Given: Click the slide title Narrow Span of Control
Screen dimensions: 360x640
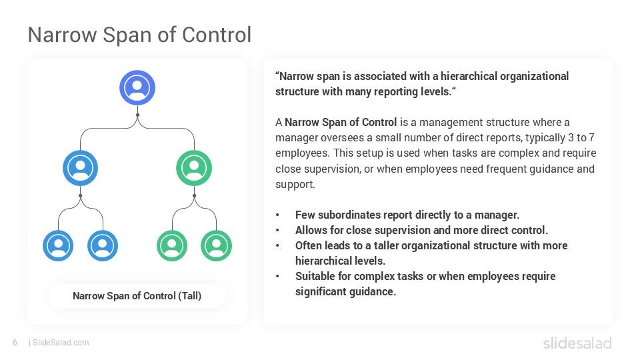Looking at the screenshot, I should pyautogui.click(x=139, y=35).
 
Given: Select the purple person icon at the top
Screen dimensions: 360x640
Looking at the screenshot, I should pyautogui.click(x=137, y=87).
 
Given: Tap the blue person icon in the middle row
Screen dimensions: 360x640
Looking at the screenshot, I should pyautogui.click(x=81, y=167).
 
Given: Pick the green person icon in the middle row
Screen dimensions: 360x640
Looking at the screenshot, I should pyautogui.click(x=194, y=167).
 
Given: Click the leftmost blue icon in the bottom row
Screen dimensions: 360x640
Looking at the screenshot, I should pyautogui.click(x=59, y=245).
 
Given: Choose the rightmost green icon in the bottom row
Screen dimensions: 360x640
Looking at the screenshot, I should pyautogui.click(x=216, y=245).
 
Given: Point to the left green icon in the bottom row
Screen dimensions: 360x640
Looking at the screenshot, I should pyautogui.click(x=173, y=245).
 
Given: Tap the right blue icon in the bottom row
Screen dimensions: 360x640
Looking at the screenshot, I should pyautogui.click(x=103, y=245).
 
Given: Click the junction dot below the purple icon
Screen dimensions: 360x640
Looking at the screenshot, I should pyautogui.click(x=137, y=115).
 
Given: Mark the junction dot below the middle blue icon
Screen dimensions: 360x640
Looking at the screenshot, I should pyautogui.click(x=81, y=195).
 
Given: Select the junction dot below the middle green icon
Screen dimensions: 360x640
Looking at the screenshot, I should pyautogui.click(x=194, y=195).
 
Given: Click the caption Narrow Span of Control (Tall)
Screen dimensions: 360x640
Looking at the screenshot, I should pyautogui.click(x=137, y=295).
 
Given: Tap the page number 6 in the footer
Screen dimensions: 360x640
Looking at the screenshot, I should pyautogui.click(x=15, y=343).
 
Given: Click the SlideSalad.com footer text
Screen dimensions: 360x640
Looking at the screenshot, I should pyautogui.click(x=60, y=343).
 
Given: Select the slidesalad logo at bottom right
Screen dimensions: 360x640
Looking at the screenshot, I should pyautogui.click(x=577, y=343).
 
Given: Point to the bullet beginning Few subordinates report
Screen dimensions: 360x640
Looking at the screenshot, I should pyautogui.click(x=407, y=215).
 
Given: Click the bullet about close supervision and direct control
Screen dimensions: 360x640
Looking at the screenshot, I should pyautogui.click(x=421, y=230).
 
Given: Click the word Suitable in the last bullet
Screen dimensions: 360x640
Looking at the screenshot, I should pyautogui.click(x=315, y=276).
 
